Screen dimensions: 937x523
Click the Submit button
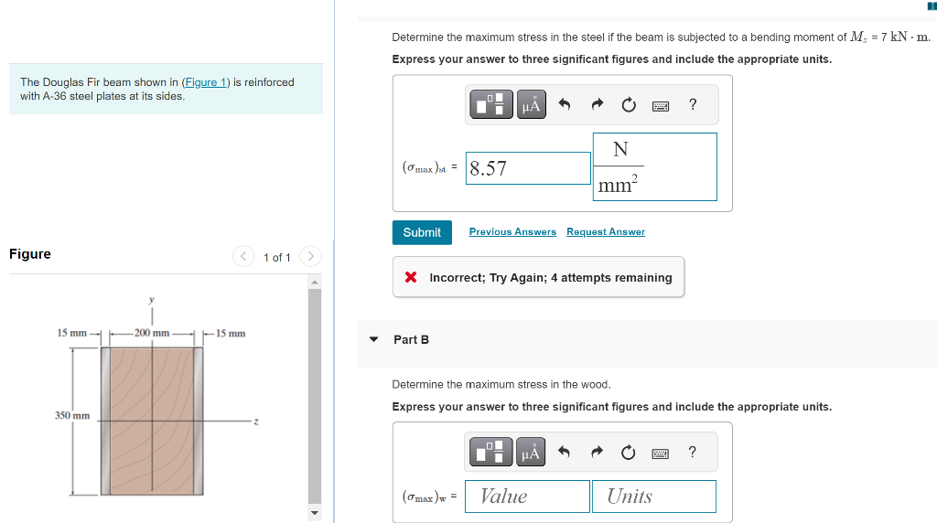point(422,232)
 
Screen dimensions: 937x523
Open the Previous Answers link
point(512,231)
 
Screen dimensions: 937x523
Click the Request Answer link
point(606,231)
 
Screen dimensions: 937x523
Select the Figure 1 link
point(206,82)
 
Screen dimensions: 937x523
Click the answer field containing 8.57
point(528,168)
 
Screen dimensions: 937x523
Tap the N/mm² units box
point(655,166)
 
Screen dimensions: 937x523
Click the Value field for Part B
point(527,496)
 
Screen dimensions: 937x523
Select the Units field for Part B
point(653,496)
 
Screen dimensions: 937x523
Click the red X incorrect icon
point(411,277)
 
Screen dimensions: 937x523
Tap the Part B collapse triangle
point(374,339)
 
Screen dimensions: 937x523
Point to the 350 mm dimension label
point(72,415)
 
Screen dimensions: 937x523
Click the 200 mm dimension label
point(152,333)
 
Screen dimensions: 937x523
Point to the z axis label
point(256,422)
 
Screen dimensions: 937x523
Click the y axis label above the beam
point(152,300)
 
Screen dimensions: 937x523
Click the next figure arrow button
point(310,256)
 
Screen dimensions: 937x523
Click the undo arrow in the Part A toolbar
point(564,104)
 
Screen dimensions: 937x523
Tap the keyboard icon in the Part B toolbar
point(661,454)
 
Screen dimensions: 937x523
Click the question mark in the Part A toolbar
point(693,104)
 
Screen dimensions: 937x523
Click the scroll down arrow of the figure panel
point(315,512)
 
